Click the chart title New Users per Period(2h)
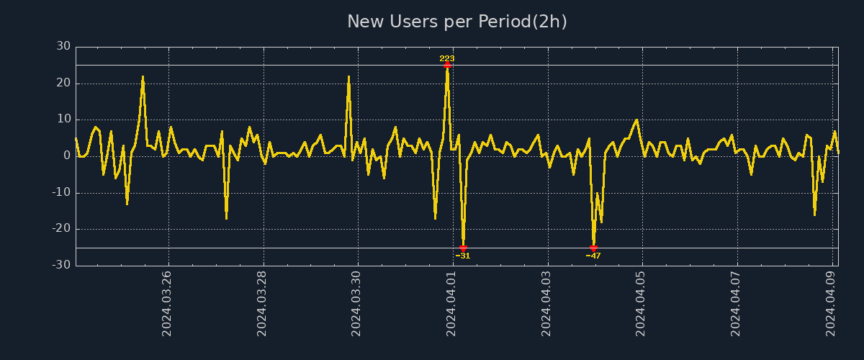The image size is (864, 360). (x=457, y=22)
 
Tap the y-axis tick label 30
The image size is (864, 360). (x=63, y=46)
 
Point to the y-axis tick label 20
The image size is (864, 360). (x=63, y=83)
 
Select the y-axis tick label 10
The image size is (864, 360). (x=63, y=119)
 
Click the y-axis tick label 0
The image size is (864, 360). (x=67, y=156)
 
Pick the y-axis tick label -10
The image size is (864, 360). (x=61, y=192)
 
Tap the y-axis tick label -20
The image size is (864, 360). (x=61, y=228)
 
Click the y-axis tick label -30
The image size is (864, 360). (x=61, y=265)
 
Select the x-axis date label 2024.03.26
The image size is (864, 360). (x=167, y=303)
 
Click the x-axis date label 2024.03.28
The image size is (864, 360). (x=262, y=303)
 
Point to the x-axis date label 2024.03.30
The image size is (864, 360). (x=357, y=303)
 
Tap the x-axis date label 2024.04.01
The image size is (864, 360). (x=452, y=303)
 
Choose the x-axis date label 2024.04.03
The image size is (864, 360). (x=547, y=303)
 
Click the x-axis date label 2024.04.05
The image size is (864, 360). (x=642, y=303)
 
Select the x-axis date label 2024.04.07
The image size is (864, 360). (x=737, y=303)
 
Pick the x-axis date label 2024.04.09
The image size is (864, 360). (x=832, y=303)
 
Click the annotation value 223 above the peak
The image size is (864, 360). (x=447, y=58)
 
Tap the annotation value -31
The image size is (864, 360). (x=463, y=256)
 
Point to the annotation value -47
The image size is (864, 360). (x=593, y=256)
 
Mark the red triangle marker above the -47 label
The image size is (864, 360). (x=593, y=248)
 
